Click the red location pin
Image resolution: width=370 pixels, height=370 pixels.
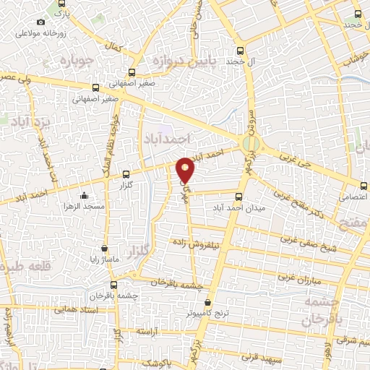coord(186,169)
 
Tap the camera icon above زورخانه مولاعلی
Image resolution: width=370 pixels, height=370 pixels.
coord(40,22)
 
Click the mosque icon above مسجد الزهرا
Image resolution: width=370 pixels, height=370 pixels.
coord(85,195)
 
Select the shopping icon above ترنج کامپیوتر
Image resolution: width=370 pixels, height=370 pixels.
coord(208,303)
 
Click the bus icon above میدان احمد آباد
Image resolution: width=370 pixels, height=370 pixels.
coord(239,194)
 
